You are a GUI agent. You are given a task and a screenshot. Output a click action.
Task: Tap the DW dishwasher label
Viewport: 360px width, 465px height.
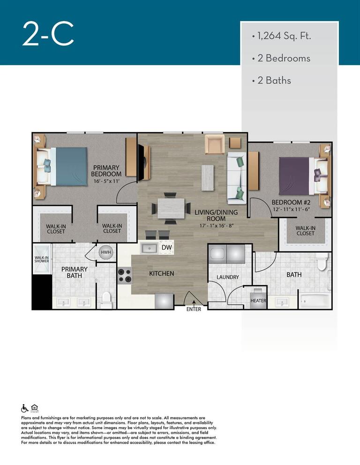coord(166,247)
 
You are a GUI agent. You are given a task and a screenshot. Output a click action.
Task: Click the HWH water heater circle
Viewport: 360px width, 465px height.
coord(105,252)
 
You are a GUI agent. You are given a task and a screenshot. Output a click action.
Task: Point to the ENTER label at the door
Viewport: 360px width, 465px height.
coord(194,309)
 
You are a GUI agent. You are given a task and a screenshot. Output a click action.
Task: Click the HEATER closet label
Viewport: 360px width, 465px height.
coord(258,301)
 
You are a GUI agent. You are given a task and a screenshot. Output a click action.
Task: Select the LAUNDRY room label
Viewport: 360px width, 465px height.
coord(228,277)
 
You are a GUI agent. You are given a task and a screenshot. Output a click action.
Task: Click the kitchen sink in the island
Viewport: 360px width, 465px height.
coord(150,248)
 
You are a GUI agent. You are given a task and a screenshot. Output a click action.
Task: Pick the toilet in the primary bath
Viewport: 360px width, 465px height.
coord(107,299)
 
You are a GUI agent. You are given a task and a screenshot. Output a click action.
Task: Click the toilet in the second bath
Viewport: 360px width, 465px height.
coord(321,263)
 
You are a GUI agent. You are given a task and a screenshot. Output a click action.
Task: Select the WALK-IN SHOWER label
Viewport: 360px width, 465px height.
coord(41,259)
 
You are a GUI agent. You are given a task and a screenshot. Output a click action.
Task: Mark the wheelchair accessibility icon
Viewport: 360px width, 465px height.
coord(25,408)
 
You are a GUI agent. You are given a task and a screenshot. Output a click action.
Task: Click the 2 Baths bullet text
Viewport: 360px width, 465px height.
coord(274,81)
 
